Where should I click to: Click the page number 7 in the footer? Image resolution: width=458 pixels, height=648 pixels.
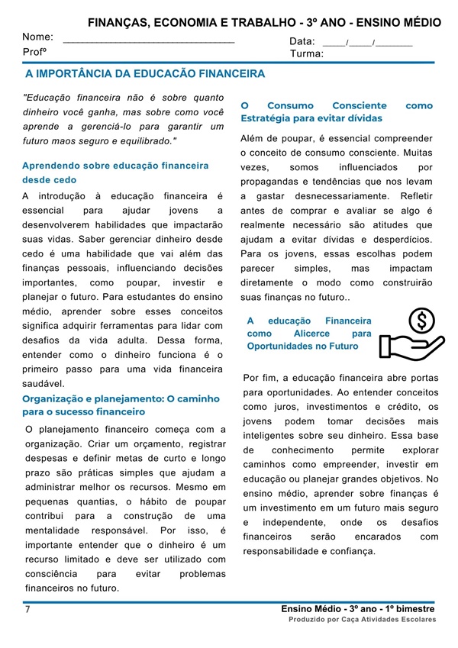[27, 610]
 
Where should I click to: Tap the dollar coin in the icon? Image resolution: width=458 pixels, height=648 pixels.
[418, 321]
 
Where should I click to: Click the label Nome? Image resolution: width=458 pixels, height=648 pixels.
[37, 37]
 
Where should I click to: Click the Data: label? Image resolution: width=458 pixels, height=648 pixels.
[302, 41]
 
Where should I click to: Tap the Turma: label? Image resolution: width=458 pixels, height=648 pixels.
[307, 54]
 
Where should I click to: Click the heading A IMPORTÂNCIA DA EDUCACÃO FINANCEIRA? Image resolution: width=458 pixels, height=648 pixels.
[145, 74]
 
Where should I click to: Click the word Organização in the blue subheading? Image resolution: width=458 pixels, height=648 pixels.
[54, 398]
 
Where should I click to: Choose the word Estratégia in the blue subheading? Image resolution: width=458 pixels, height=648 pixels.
[266, 119]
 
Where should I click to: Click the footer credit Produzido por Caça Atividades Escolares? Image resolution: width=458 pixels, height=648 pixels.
[362, 620]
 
